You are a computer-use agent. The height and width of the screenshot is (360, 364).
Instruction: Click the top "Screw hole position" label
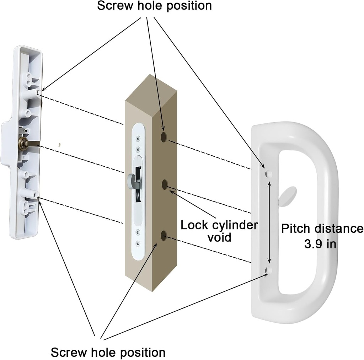click(x=154, y=6)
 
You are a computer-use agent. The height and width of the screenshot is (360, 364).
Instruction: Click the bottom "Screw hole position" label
click(x=108, y=353)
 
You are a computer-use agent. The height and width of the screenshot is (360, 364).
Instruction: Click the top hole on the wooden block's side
click(x=164, y=137)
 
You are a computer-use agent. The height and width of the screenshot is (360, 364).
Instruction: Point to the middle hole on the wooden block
click(x=165, y=184)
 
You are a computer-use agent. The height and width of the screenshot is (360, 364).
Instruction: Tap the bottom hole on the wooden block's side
click(x=164, y=235)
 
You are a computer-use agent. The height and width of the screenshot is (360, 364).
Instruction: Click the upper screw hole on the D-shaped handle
click(x=268, y=174)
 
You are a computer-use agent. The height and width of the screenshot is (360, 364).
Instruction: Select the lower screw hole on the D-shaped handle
click(x=268, y=271)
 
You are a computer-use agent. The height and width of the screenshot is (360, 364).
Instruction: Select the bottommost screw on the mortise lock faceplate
click(x=138, y=243)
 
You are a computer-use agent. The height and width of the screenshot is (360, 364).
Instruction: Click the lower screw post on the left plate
click(x=36, y=195)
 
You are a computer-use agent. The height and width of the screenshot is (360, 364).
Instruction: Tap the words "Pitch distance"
click(x=322, y=229)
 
